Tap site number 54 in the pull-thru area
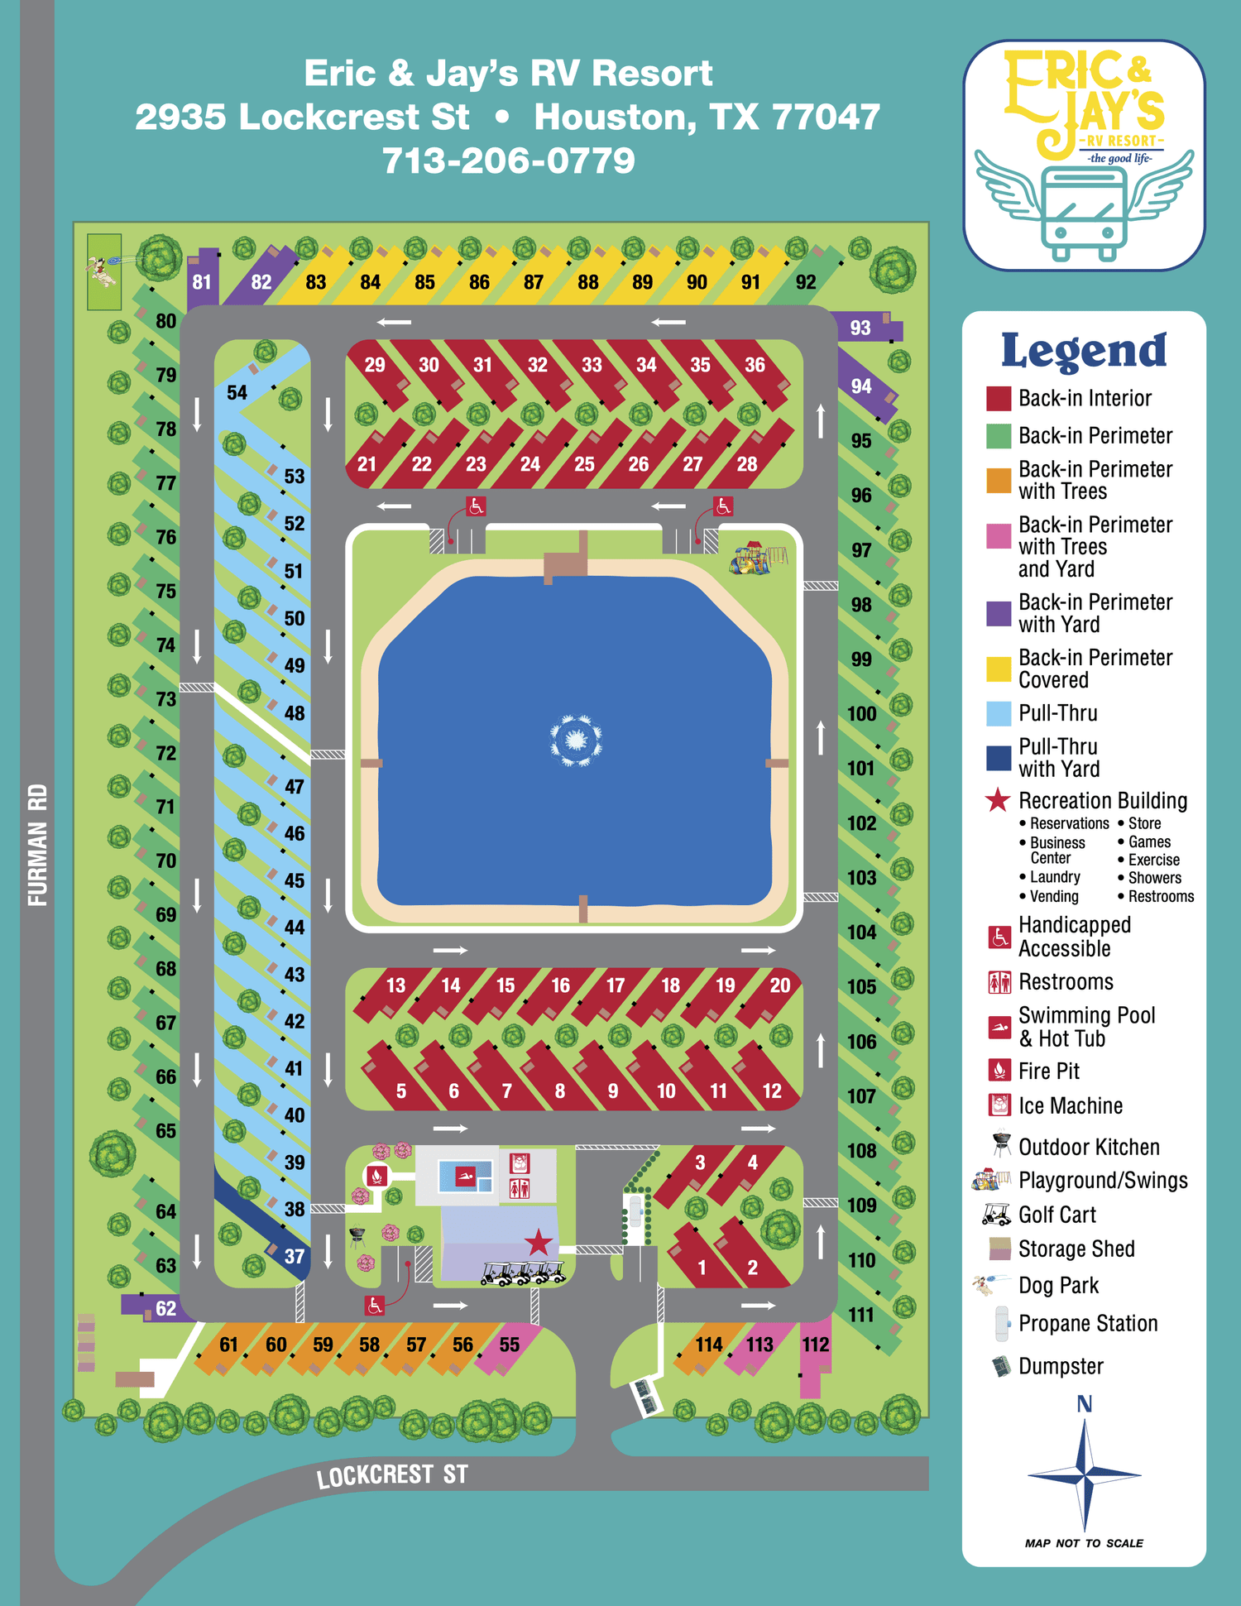coord(237,392)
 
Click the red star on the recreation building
coord(539,1242)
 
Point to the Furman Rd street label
coord(38,845)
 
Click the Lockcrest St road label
coord(392,1476)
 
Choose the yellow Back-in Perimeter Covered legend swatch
coord(999,669)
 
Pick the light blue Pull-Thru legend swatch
coord(999,713)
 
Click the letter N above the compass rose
coord(1085,1404)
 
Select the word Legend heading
coord(1084,351)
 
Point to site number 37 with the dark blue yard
coord(294,1256)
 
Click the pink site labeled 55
coord(510,1345)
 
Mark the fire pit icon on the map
coord(377,1175)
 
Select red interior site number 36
coord(755,365)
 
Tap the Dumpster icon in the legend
coord(1001,1366)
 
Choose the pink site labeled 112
coord(815,1345)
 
